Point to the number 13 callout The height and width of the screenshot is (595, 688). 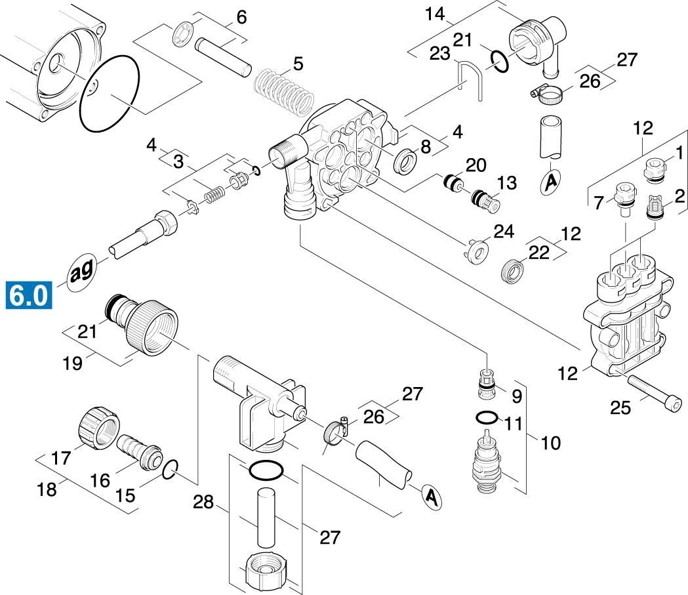(x=506, y=183)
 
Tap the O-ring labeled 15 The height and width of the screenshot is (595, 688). (x=169, y=468)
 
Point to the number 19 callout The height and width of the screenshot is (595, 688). (x=73, y=362)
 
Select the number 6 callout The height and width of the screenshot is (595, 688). (x=241, y=17)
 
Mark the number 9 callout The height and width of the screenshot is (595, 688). (x=516, y=396)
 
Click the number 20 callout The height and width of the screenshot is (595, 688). (x=475, y=165)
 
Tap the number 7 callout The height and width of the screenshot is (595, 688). (x=598, y=203)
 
